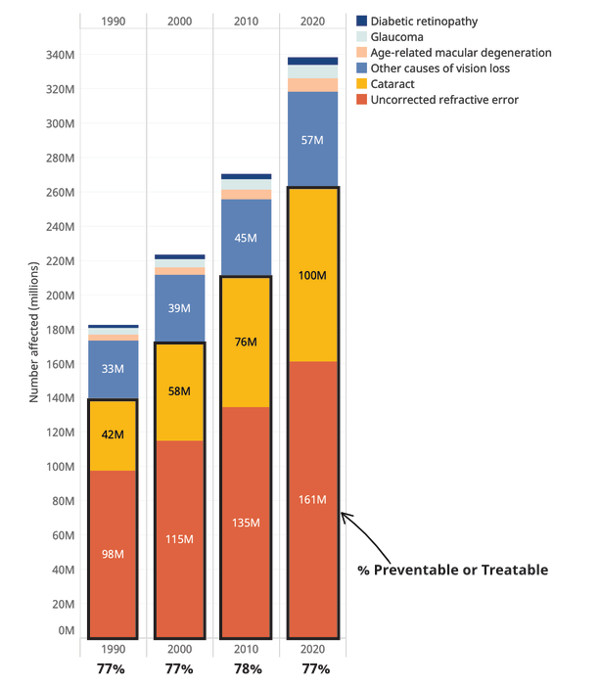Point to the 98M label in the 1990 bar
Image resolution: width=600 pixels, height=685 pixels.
(113, 555)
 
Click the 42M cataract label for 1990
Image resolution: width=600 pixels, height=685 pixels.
(113, 433)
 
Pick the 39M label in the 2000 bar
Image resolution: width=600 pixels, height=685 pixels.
(180, 308)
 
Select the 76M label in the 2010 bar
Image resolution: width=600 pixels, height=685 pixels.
(246, 342)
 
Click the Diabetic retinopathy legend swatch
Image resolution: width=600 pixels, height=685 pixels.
(361, 21)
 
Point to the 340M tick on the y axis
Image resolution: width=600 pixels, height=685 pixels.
(61, 56)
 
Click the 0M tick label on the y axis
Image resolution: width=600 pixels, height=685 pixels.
(67, 631)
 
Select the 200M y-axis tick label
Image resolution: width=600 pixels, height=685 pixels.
(61, 296)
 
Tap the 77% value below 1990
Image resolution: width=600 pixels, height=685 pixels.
(113, 669)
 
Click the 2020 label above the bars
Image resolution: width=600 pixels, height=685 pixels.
(312, 21)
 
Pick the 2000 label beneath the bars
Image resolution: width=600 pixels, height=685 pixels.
(180, 650)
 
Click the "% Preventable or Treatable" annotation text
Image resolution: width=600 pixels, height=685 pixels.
(450, 571)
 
